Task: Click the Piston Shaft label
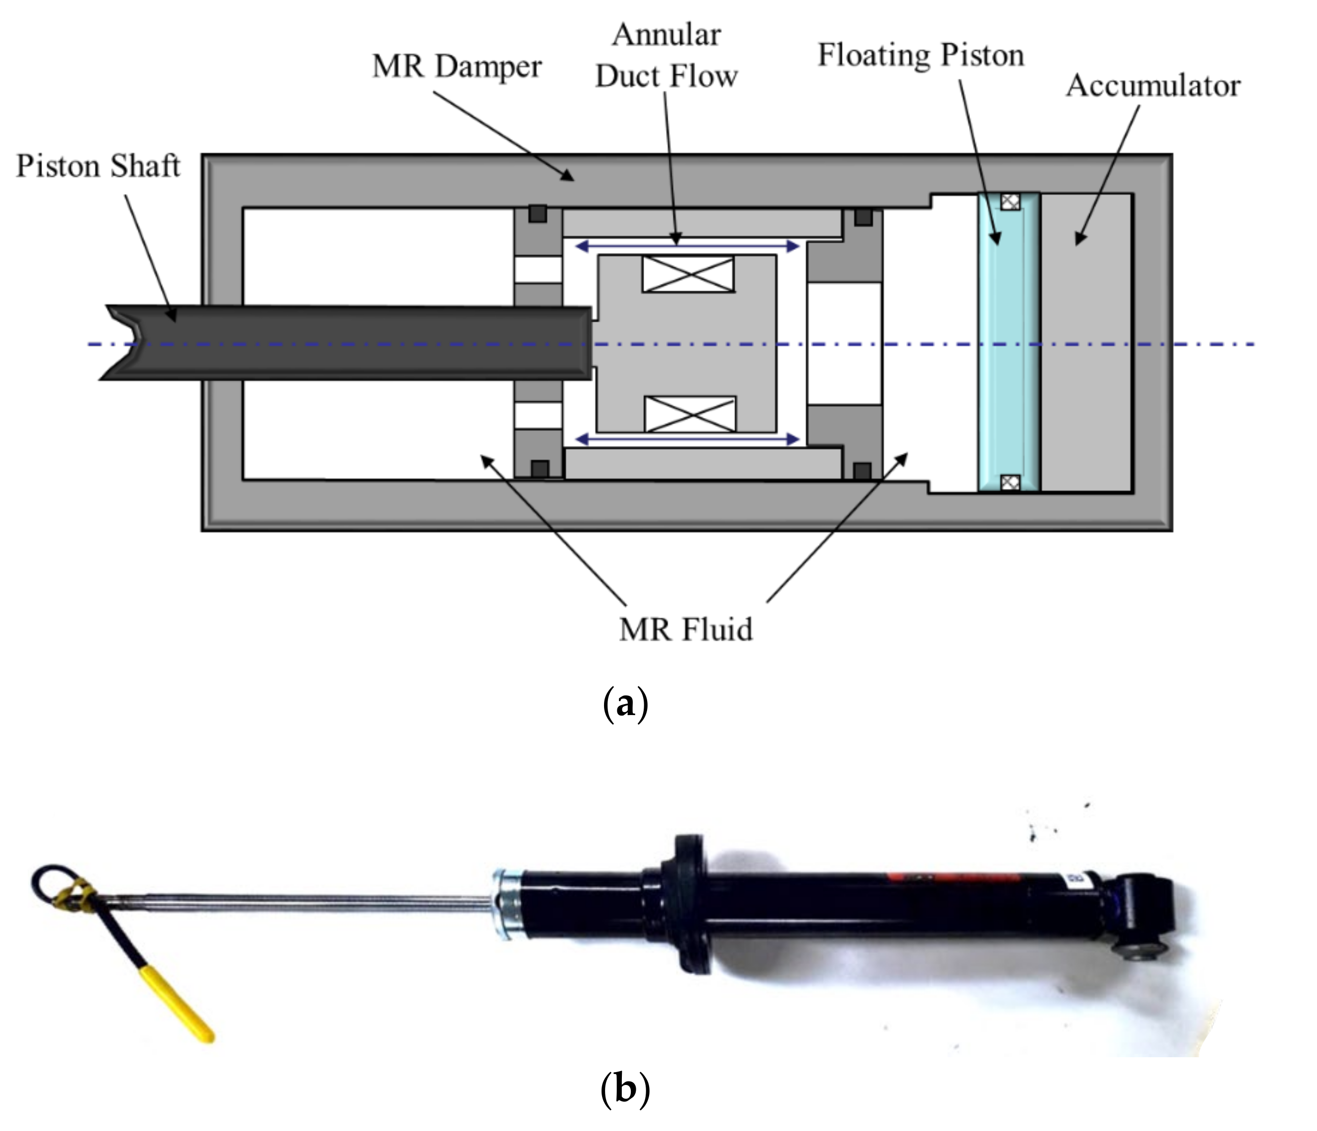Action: (x=98, y=166)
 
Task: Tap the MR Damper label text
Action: (x=456, y=67)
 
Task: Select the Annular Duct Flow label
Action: (x=666, y=56)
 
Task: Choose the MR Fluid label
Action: (x=685, y=629)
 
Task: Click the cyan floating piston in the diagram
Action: (x=1009, y=343)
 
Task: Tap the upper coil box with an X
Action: (x=688, y=274)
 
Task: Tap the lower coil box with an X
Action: (x=690, y=414)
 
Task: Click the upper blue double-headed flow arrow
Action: (x=686, y=246)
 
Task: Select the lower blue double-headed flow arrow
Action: (x=686, y=439)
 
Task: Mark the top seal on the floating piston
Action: (x=1010, y=202)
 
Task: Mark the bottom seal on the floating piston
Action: (x=1010, y=482)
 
